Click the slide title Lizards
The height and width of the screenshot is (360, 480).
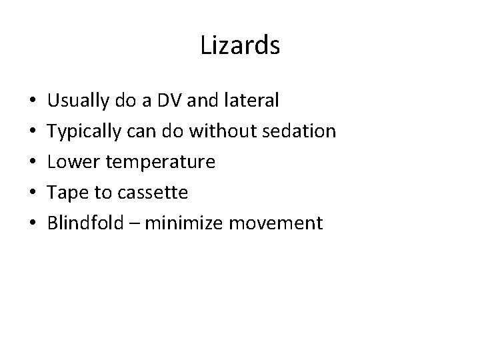240,46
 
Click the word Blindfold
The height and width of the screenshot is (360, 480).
82,223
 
